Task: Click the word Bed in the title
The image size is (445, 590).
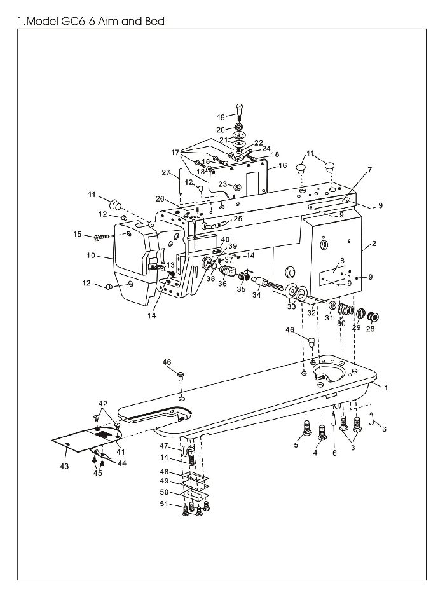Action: click(x=155, y=21)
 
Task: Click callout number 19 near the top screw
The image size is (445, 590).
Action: click(x=221, y=118)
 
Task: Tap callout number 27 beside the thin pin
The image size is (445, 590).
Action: click(x=166, y=173)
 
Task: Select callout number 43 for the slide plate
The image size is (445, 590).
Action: click(x=64, y=466)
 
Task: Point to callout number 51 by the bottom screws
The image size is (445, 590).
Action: click(x=164, y=504)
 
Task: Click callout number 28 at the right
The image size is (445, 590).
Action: click(x=370, y=329)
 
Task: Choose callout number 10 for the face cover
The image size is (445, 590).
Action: click(x=91, y=256)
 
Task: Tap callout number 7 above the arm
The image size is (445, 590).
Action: click(x=369, y=170)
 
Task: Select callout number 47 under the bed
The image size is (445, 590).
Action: click(x=163, y=446)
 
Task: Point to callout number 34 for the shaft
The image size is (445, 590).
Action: click(x=256, y=296)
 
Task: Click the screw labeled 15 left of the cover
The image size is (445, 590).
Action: click(x=102, y=237)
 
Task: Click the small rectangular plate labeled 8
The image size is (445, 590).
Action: click(x=332, y=274)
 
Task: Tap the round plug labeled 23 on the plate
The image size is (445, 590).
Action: click(x=236, y=187)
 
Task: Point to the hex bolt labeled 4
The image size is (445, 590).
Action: click(x=322, y=432)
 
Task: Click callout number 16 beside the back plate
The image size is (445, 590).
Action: click(x=282, y=165)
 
